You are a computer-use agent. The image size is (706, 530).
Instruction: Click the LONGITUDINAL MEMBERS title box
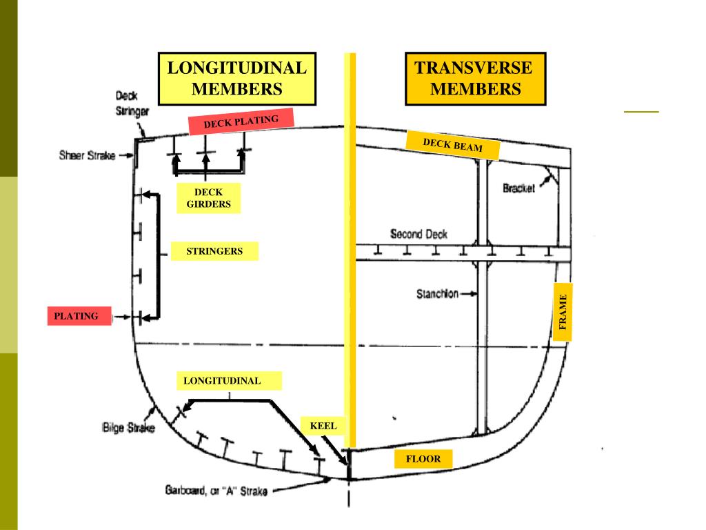237,79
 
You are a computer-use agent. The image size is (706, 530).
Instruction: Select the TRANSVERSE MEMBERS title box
475,79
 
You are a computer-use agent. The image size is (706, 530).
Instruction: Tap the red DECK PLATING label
241,122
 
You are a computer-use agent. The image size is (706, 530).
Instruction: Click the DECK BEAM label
452,144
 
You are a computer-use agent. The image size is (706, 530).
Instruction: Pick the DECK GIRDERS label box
208,199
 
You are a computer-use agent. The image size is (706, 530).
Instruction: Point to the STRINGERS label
214,251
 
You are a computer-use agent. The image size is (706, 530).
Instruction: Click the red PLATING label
77,316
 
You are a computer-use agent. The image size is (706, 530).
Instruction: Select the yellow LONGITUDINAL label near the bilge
222,380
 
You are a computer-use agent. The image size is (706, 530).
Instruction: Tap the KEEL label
323,426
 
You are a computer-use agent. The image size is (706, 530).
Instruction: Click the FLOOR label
423,458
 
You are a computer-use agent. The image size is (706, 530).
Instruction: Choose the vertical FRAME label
563,311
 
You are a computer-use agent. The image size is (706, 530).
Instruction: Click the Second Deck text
418,235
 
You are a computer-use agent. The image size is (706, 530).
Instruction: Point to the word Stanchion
437,294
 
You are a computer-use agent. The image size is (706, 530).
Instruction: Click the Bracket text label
518,188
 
